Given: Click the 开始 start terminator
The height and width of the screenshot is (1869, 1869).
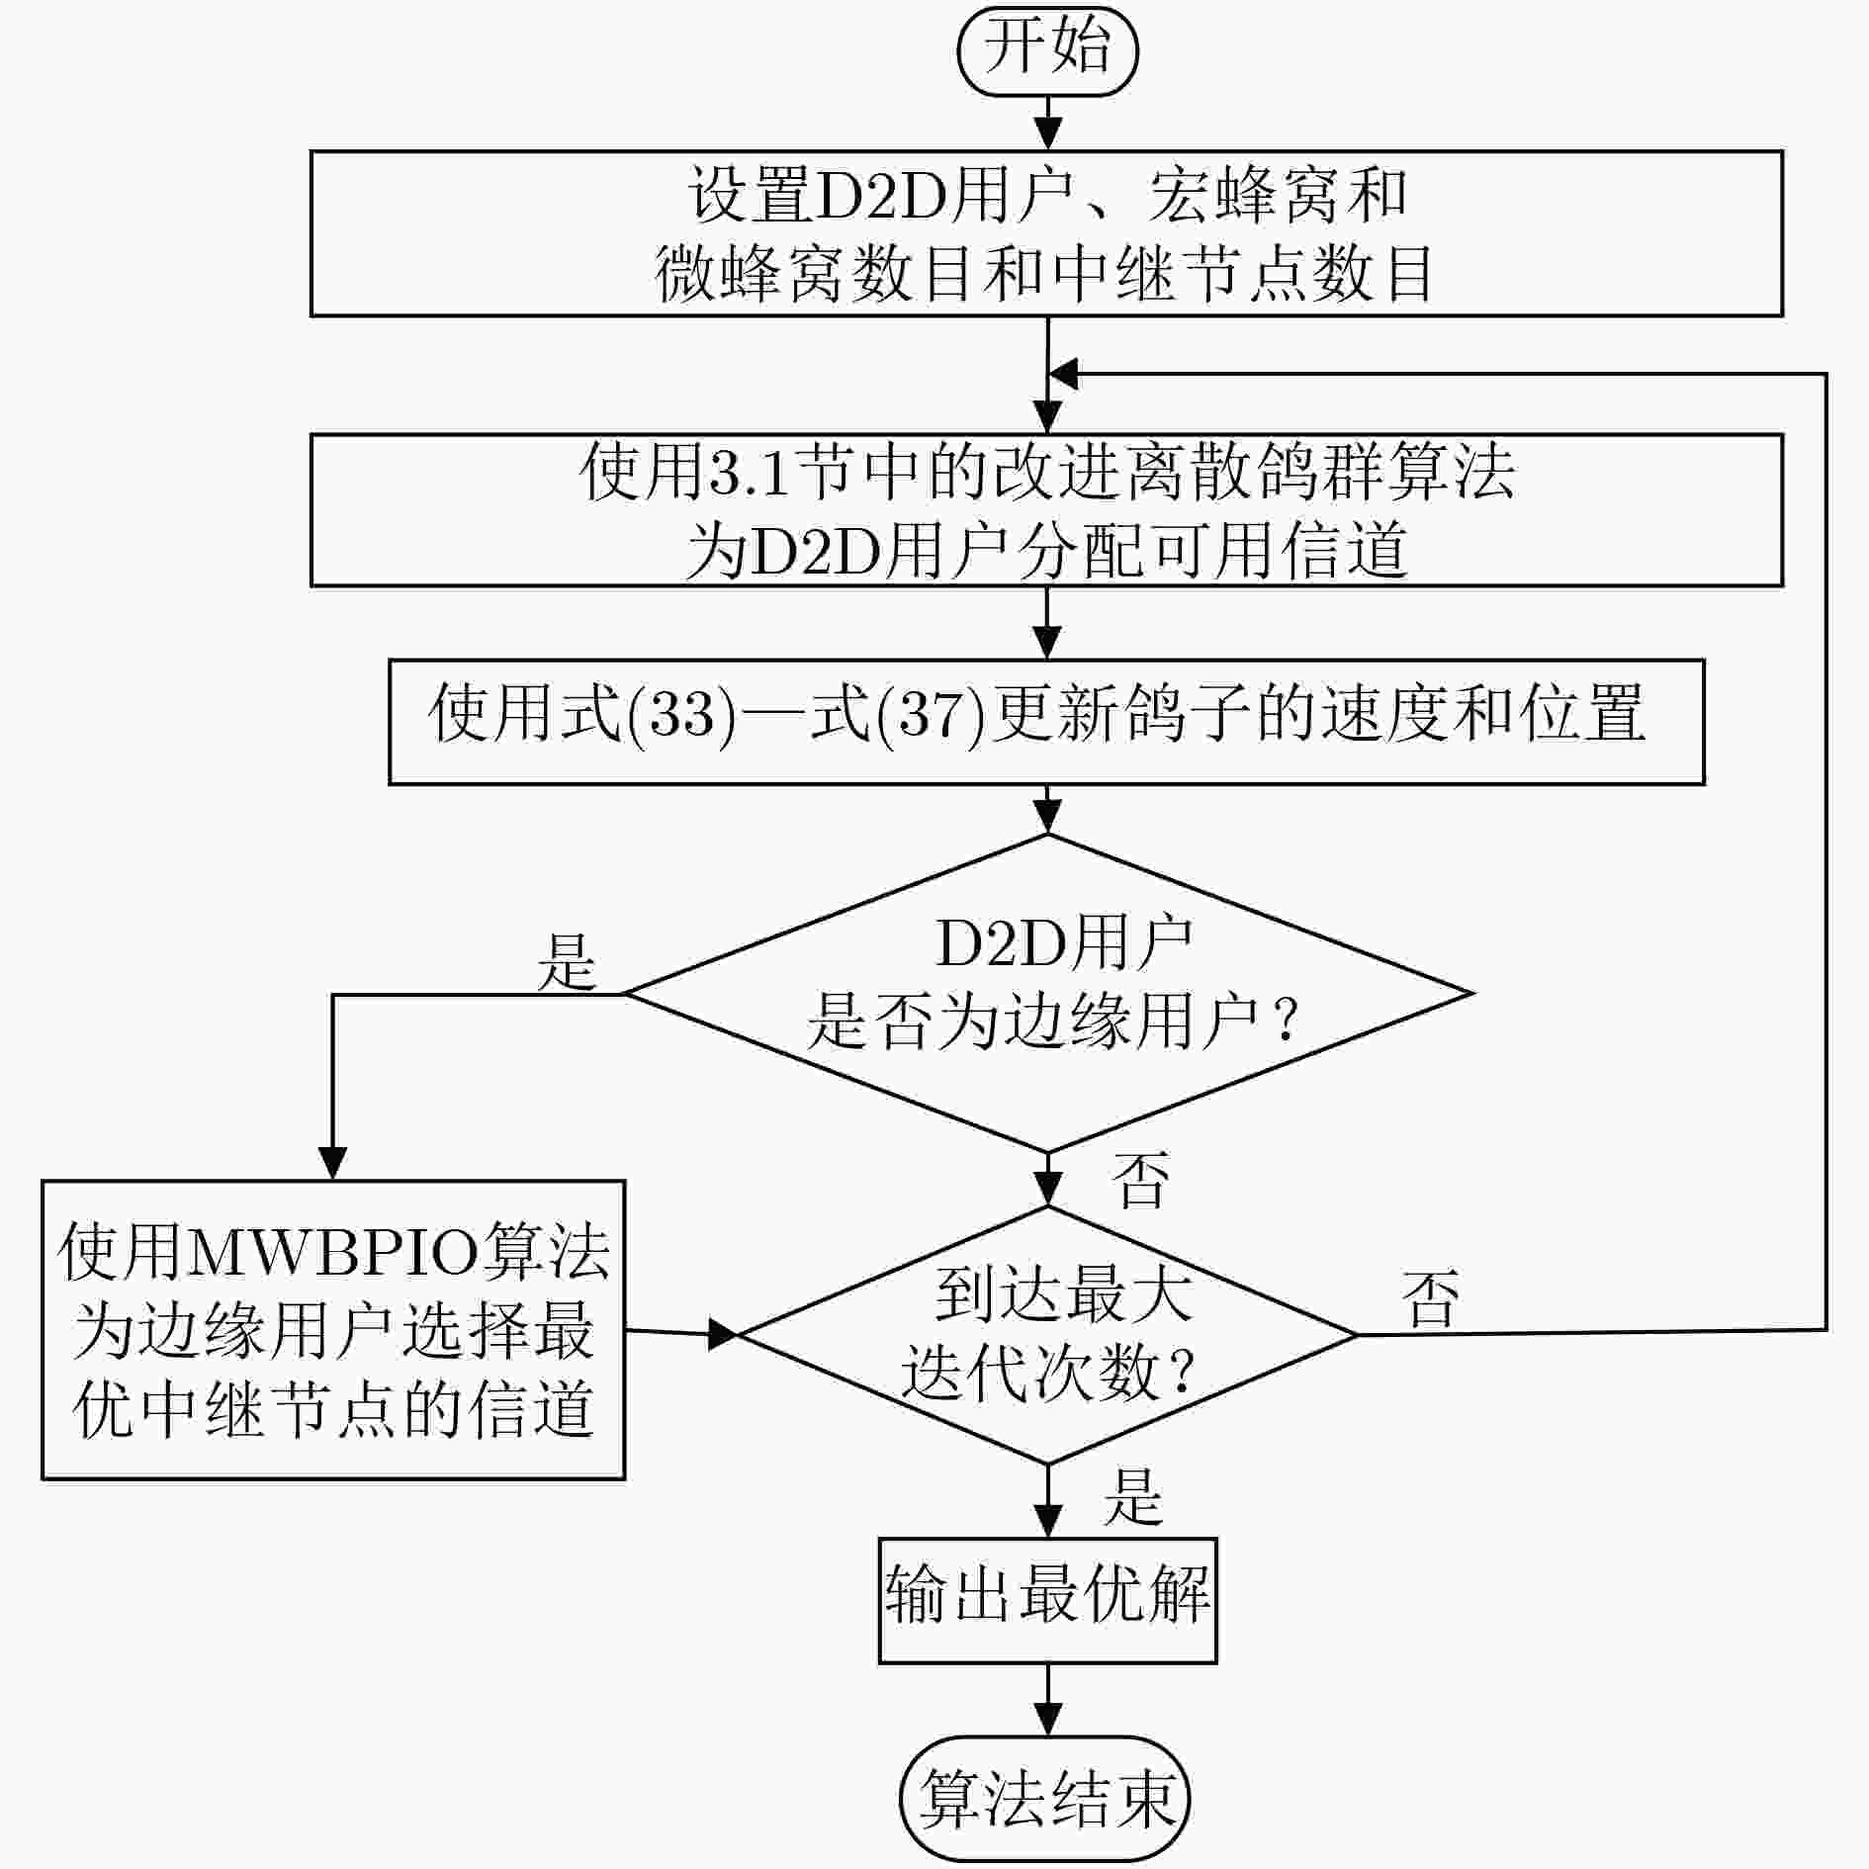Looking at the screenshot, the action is (1047, 50).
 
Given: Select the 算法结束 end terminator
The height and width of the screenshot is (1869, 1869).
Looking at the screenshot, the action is (1045, 1799).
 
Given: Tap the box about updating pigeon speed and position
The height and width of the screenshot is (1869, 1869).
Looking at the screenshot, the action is (1046, 722).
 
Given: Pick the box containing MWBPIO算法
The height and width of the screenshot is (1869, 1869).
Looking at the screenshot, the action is (333, 1329).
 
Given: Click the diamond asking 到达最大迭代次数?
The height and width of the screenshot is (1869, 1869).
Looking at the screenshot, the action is (1047, 1335).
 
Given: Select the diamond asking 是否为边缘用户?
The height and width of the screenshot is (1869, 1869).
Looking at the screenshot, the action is (1048, 993).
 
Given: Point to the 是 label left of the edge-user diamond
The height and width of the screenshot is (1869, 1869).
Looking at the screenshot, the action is (567, 961).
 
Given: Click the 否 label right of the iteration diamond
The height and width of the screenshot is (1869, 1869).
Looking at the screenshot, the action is (1430, 1297).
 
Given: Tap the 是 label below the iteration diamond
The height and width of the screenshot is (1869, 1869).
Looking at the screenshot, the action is (1133, 1496).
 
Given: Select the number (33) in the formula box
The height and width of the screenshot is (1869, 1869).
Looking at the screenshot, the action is (682, 714).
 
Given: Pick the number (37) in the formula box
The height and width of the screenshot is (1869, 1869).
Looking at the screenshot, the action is (932, 714).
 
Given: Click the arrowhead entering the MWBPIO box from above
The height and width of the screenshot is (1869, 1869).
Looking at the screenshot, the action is (332, 1163).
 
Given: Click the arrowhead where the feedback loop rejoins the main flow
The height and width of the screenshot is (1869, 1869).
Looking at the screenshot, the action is (1064, 374).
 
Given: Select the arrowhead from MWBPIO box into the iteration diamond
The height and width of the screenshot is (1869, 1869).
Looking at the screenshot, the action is (722, 1335).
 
